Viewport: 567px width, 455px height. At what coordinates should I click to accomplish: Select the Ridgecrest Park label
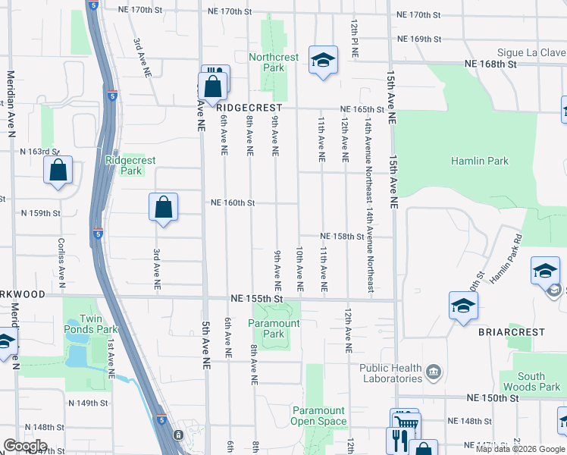(x=124, y=165)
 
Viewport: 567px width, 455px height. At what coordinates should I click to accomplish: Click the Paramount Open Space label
(x=319, y=416)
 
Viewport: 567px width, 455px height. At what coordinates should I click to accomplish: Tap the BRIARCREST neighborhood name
(x=512, y=332)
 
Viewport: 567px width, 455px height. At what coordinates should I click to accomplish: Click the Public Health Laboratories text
(x=390, y=373)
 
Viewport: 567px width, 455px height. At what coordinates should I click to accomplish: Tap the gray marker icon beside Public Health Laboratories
(x=434, y=372)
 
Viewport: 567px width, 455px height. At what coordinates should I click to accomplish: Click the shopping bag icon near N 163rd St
(x=58, y=171)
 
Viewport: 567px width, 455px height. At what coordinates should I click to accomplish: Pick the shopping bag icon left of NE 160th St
(x=163, y=208)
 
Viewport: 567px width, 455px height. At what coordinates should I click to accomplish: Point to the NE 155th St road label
(x=256, y=300)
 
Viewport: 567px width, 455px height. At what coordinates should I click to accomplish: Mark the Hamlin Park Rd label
(x=506, y=258)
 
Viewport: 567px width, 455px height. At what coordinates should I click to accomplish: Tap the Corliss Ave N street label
(x=61, y=262)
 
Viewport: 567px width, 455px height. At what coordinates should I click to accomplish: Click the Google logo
(x=24, y=447)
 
